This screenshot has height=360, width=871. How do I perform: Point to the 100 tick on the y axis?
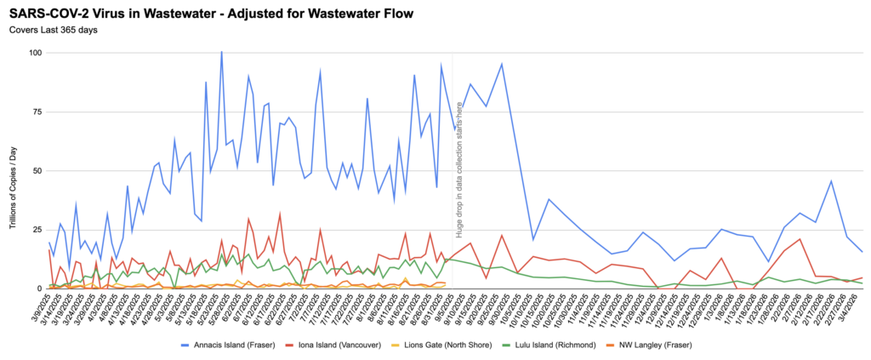(34, 53)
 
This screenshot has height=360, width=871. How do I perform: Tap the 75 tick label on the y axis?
(37, 111)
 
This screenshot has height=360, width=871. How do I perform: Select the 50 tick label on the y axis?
(37, 171)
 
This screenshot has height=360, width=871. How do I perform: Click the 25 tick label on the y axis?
(37, 230)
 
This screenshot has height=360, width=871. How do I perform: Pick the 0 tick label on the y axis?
(39, 289)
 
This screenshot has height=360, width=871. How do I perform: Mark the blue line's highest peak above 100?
(222, 52)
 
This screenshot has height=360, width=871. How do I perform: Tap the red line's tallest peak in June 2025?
(280, 214)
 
